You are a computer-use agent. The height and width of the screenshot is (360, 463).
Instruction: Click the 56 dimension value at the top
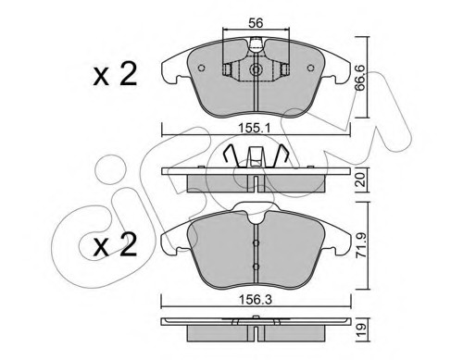tap(256, 23)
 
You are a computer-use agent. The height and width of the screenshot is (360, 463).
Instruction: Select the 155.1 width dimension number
tap(256, 128)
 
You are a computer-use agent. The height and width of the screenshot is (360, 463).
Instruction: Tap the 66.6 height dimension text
tap(360, 78)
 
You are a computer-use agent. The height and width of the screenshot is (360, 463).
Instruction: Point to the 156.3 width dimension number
tap(257, 300)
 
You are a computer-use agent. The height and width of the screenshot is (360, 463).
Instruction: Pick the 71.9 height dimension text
tap(361, 245)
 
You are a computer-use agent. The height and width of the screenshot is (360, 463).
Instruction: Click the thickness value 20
tap(360, 180)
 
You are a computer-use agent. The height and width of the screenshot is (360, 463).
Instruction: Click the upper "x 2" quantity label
tap(115, 75)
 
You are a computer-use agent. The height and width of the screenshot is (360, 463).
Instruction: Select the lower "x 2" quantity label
tap(115, 244)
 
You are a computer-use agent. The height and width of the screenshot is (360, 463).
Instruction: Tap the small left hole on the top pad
tap(202, 68)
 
